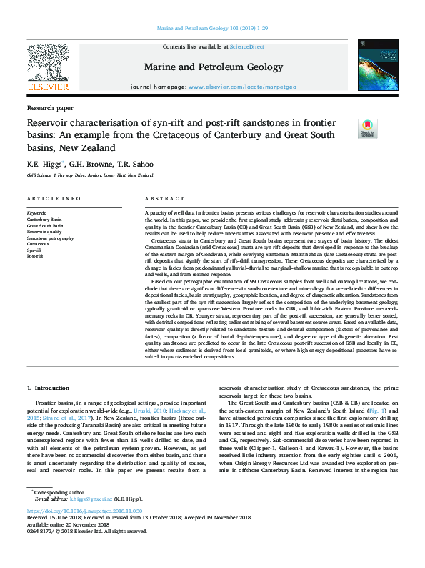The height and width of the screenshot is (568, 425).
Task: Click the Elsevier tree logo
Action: (47, 66)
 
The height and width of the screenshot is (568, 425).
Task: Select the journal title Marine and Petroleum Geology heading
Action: (214, 66)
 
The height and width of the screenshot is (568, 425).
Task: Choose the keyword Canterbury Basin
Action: (44, 219)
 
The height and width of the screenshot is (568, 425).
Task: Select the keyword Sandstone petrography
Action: (51, 238)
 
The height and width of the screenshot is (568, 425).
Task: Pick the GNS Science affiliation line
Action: (90, 175)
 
